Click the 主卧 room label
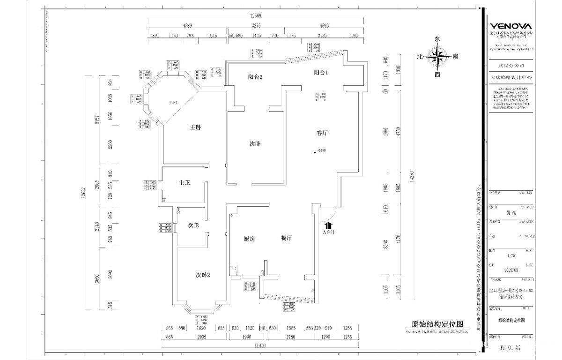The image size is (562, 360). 196,127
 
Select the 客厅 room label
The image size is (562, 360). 322,133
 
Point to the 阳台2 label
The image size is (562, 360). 255,77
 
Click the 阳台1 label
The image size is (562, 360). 321,73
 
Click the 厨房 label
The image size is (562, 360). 249,239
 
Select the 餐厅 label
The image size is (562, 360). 287,238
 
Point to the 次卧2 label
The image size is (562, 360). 203,275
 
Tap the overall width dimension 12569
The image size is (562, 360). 255,16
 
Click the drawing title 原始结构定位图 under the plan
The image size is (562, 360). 437,324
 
